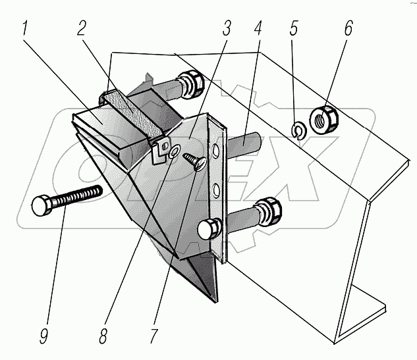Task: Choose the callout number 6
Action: [348, 30]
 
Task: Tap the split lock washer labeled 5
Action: [297, 131]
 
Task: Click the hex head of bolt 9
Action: [40, 207]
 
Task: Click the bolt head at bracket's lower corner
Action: [208, 229]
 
